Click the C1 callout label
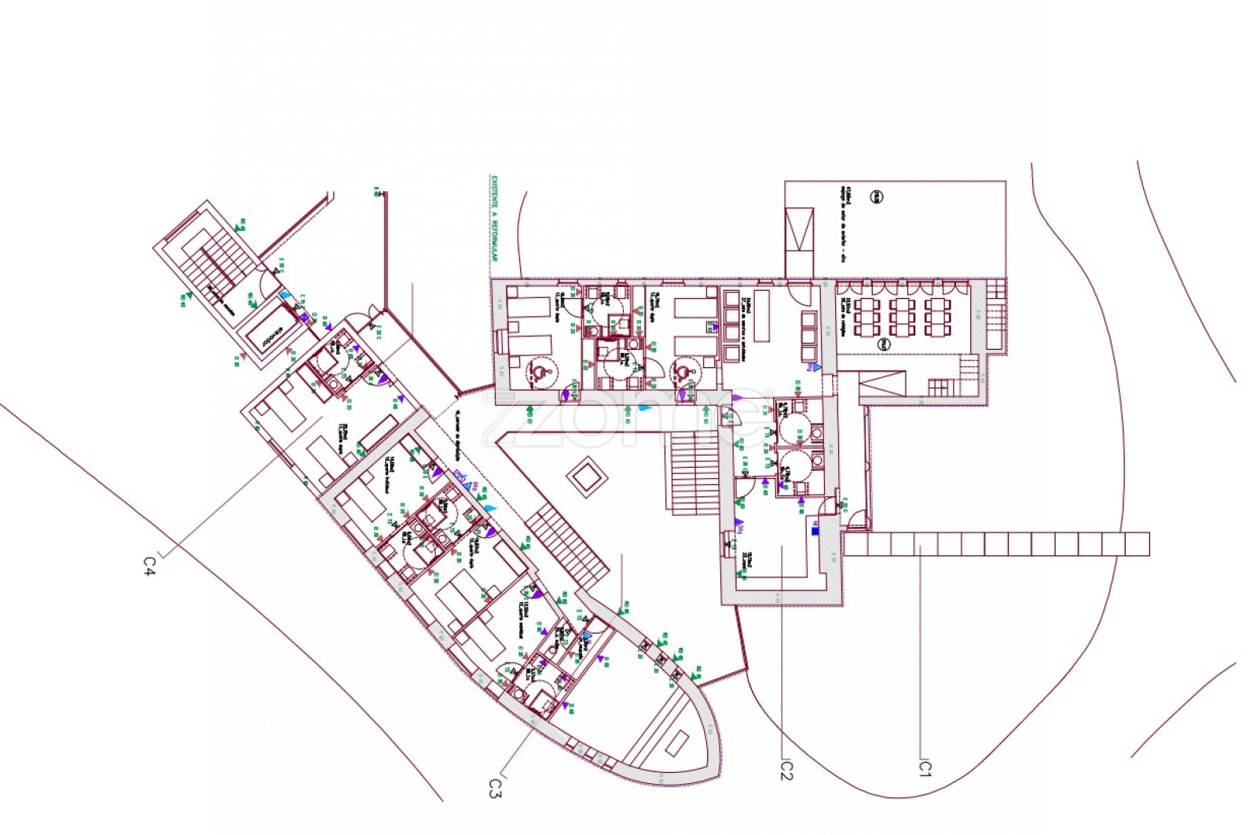pos(925,767)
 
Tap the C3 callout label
pos(494,788)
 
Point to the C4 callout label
pos(149,566)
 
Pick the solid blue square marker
pos(815,531)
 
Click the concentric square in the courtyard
pos(585,477)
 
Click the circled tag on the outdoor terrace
pos(876,197)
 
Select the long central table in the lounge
pos(760,316)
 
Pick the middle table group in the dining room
pos(901,316)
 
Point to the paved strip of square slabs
pos(998,544)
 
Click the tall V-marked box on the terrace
pos(800,230)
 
